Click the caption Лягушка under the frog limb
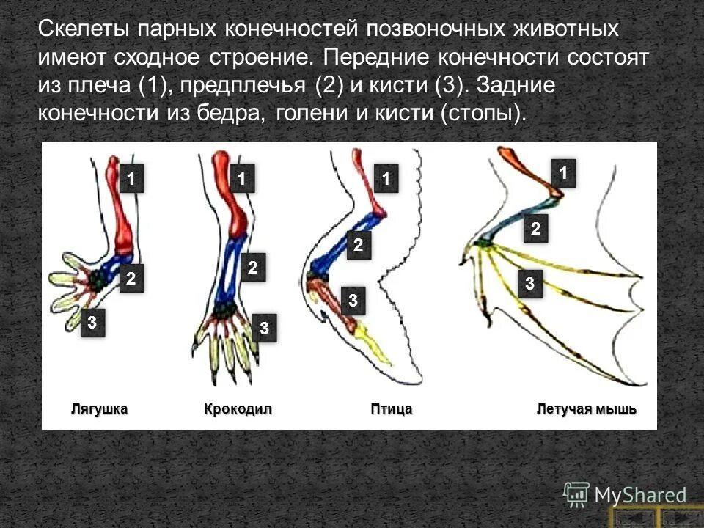pos(100,408)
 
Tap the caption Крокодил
pos(238,408)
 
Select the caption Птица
pos(391,408)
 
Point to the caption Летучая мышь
pos(587,408)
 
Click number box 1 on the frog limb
pos(131,177)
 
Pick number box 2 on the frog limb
pos(131,279)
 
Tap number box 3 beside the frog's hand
pos(92,321)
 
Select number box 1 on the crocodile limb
pos(241,177)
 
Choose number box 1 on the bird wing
pos(386,177)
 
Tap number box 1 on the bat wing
pos(564,172)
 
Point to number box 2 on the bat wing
pos(535,230)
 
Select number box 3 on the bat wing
pos(527,284)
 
